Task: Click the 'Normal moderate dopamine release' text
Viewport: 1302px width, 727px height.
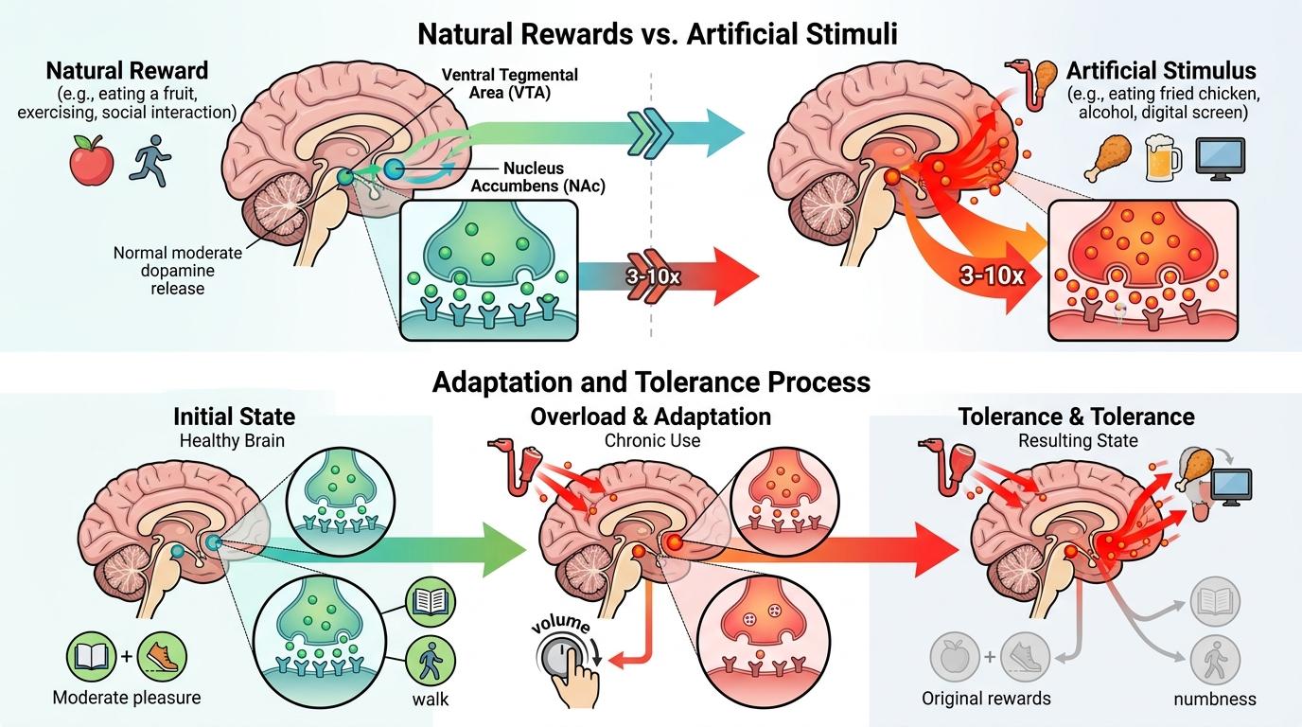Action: (177, 271)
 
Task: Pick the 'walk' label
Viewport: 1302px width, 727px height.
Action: (430, 700)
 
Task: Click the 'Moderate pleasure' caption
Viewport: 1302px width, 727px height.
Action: (127, 699)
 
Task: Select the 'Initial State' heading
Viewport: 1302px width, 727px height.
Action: (234, 417)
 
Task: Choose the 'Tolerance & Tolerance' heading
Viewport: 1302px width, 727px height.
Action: (1076, 417)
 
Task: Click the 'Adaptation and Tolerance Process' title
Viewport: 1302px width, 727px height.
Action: (651, 381)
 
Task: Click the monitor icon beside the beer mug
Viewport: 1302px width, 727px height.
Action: (1220, 158)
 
